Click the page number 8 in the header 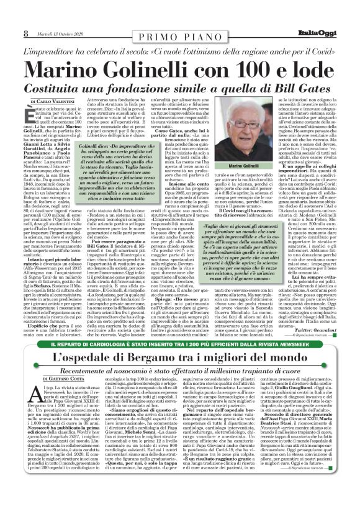pyautogui.click(x=26, y=15)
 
